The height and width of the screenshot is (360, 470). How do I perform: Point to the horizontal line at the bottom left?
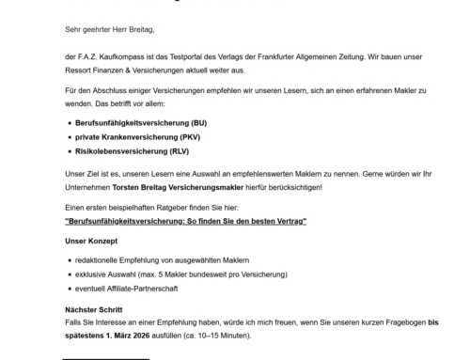105,358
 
